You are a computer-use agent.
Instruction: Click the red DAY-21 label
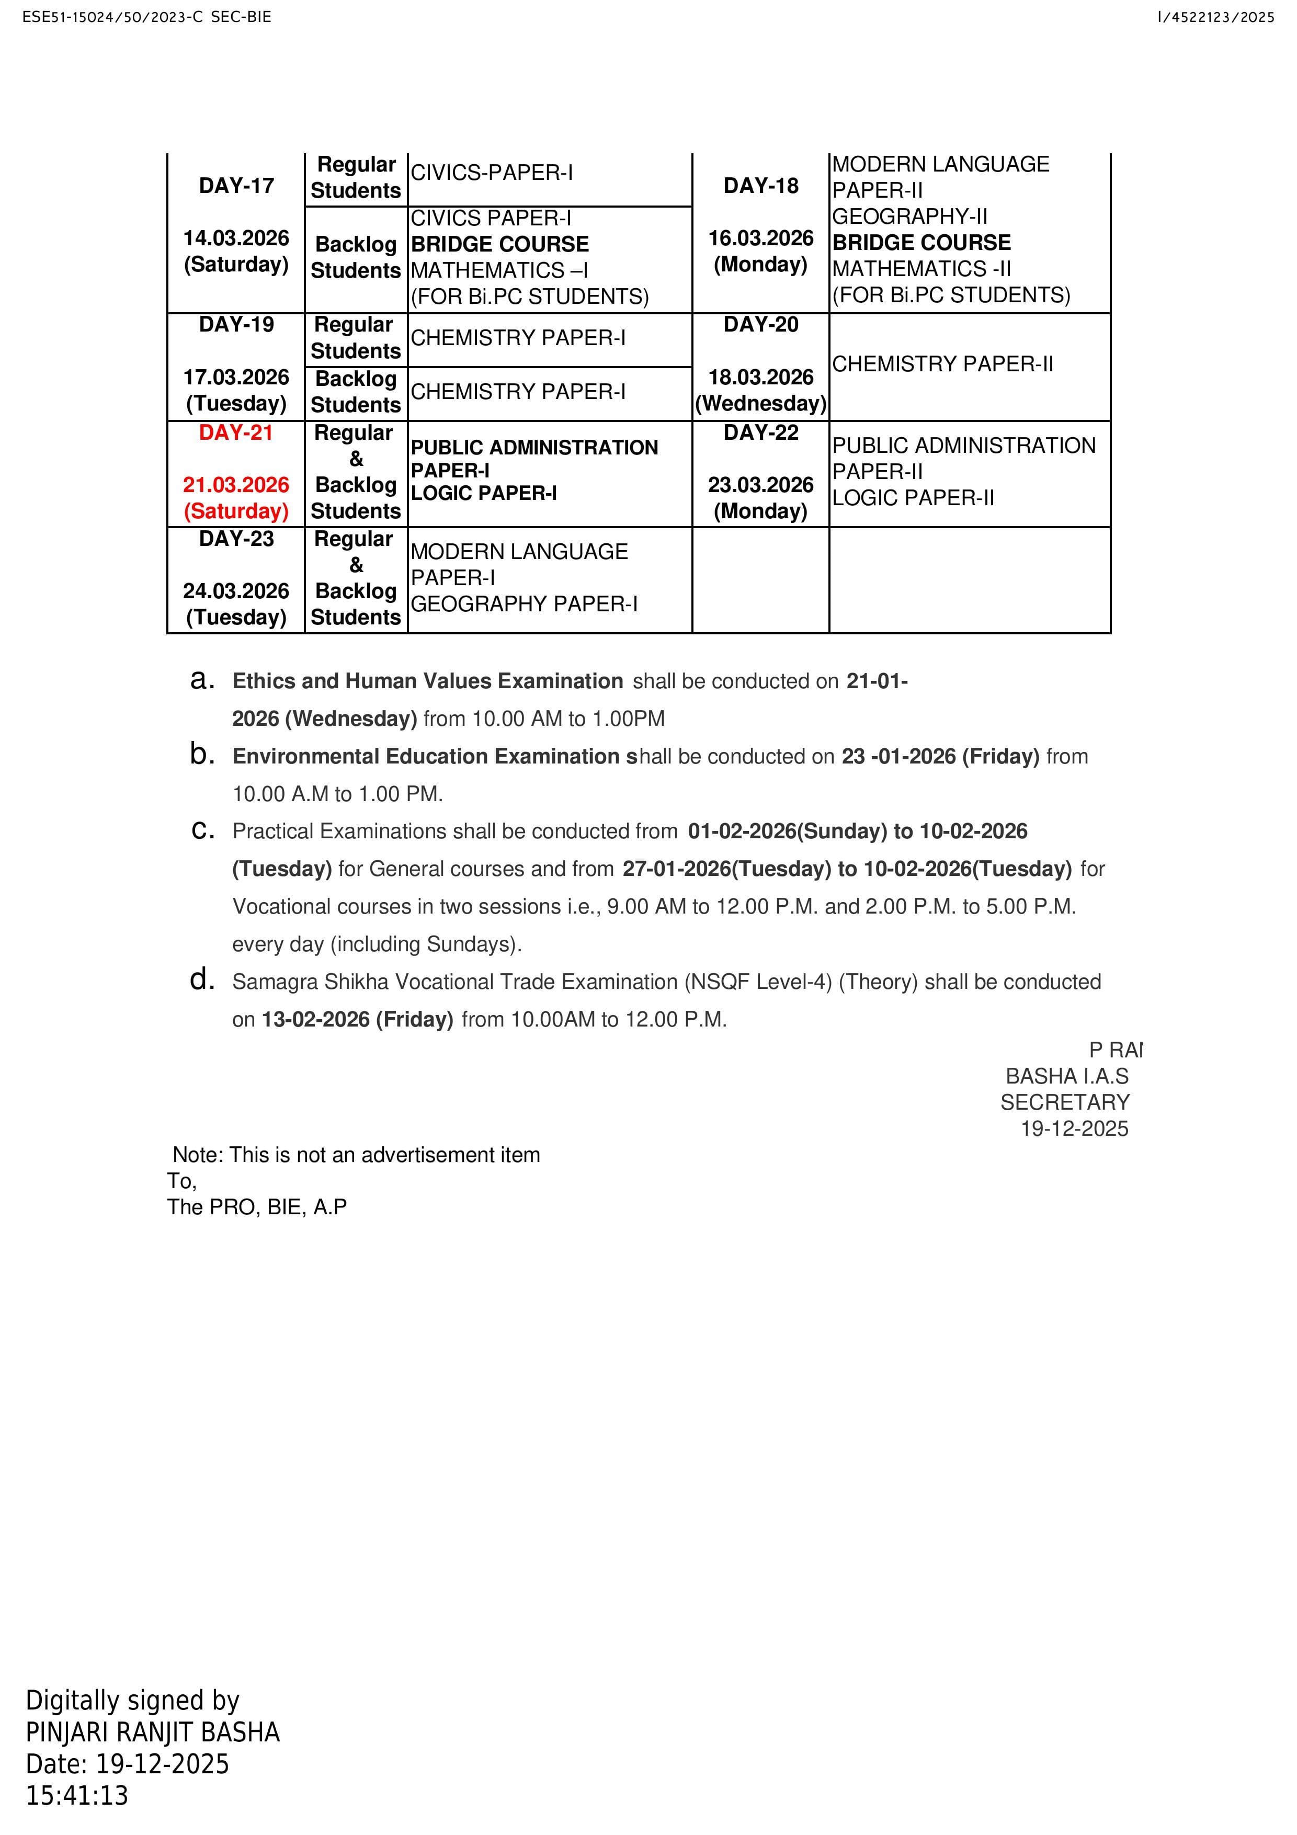tap(236, 432)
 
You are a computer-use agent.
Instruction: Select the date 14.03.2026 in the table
tap(236, 238)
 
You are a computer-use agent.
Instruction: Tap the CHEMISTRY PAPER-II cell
tap(942, 364)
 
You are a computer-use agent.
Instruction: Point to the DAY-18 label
tap(761, 186)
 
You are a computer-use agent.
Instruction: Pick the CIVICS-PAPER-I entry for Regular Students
tap(492, 173)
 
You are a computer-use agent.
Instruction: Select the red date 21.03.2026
tap(236, 485)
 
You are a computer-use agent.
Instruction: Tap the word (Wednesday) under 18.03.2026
tap(761, 404)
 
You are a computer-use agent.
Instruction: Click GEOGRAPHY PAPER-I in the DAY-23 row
tap(524, 604)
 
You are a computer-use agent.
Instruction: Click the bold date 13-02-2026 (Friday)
tap(357, 1020)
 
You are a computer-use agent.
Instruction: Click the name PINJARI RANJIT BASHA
tap(153, 1733)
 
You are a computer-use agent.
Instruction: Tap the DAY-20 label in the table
tap(761, 324)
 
